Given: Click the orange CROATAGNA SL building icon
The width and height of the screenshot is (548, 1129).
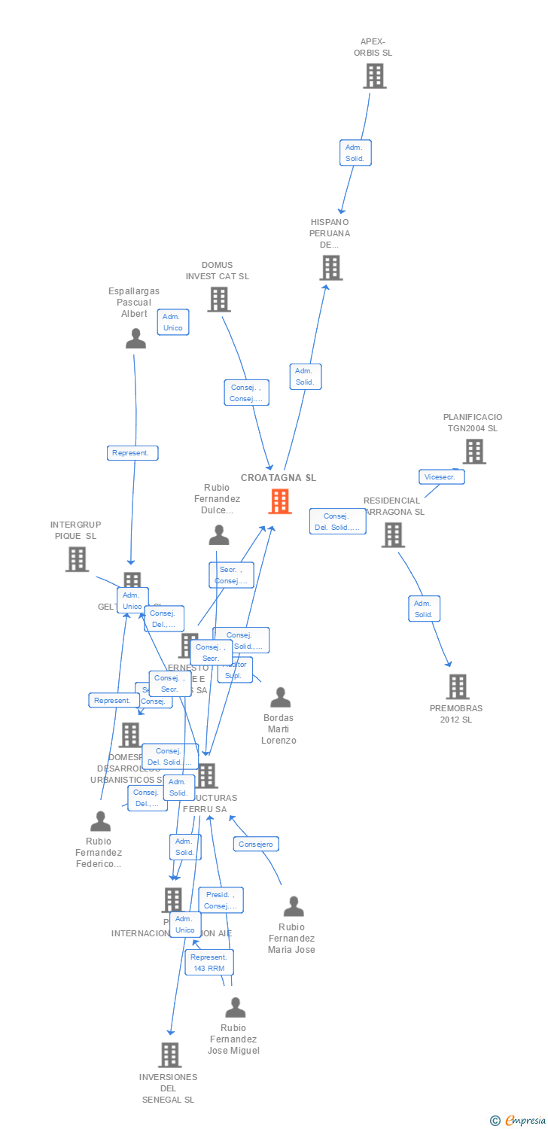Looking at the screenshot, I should click(280, 501).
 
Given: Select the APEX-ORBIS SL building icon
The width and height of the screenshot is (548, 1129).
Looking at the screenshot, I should click(374, 76).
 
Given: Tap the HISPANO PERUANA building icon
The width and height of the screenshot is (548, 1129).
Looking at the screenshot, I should click(330, 267).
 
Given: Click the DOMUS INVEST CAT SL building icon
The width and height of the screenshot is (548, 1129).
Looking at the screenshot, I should click(218, 299).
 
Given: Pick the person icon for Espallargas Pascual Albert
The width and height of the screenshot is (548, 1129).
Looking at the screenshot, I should click(135, 339).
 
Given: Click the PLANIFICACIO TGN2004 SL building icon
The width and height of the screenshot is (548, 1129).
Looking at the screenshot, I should click(473, 451).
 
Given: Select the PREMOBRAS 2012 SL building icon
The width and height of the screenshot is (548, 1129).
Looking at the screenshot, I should click(457, 686).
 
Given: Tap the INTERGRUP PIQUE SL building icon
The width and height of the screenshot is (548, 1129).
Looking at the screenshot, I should click(77, 559).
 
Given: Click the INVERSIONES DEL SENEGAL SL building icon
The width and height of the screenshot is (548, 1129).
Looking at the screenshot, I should click(170, 1054).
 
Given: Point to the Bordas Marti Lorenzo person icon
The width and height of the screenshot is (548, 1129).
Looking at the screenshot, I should click(280, 698).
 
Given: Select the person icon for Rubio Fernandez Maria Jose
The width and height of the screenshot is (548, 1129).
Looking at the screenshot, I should click(294, 907).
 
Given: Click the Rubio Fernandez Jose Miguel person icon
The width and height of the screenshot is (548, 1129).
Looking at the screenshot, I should click(236, 1007).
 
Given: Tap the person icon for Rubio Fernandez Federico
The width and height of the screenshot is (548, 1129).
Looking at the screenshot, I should click(100, 821).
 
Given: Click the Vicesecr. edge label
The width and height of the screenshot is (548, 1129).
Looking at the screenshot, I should click(441, 476).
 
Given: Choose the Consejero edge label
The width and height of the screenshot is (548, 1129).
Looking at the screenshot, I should click(256, 844).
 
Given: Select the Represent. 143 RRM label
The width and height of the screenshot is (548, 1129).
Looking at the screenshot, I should click(209, 962).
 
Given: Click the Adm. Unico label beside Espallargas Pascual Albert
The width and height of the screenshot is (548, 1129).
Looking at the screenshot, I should click(173, 322).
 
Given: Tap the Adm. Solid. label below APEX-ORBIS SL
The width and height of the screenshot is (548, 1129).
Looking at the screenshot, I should click(355, 153).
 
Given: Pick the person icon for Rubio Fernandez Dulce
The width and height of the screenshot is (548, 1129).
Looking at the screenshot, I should click(219, 535).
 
